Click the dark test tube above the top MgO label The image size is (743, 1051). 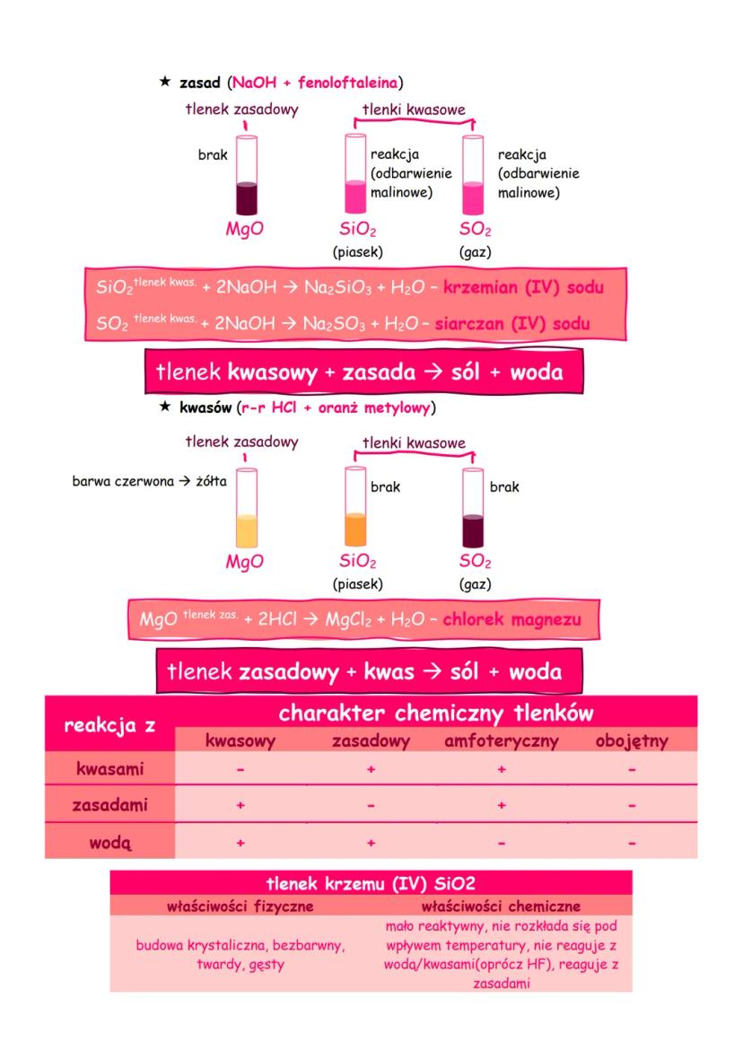click(x=247, y=176)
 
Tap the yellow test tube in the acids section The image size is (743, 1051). click(x=247, y=508)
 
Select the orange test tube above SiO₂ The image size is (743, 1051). click(x=355, y=507)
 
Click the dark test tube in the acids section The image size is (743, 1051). click(x=473, y=508)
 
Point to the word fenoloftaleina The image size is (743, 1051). click(x=347, y=83)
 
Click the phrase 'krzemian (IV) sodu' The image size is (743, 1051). click(x=523, y=287)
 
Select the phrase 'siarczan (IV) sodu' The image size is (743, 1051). click(x=512, y=324)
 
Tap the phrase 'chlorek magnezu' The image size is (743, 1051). click(x=511, y=619)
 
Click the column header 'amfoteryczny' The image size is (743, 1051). click(x=501, y=741)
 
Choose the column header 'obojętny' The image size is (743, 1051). click(x=632, y=741)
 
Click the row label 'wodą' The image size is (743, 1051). click(x=110, y=843)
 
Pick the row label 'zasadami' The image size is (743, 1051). click(x=109, y=805)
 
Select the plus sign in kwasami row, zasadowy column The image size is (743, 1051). click(x=371, y=769)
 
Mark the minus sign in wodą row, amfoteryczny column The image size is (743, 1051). click(x=501, y=843)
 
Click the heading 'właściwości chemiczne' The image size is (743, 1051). click(x=501, y=906)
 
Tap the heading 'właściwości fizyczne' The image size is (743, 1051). click(x=240, y=906)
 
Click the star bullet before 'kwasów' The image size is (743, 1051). click(x=165, y=407)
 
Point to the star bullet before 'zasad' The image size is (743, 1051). click(x=165, y=82)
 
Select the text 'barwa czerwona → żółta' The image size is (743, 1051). click(x=149, y=481)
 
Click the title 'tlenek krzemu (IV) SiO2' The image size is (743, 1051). click(x=371, y=883)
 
